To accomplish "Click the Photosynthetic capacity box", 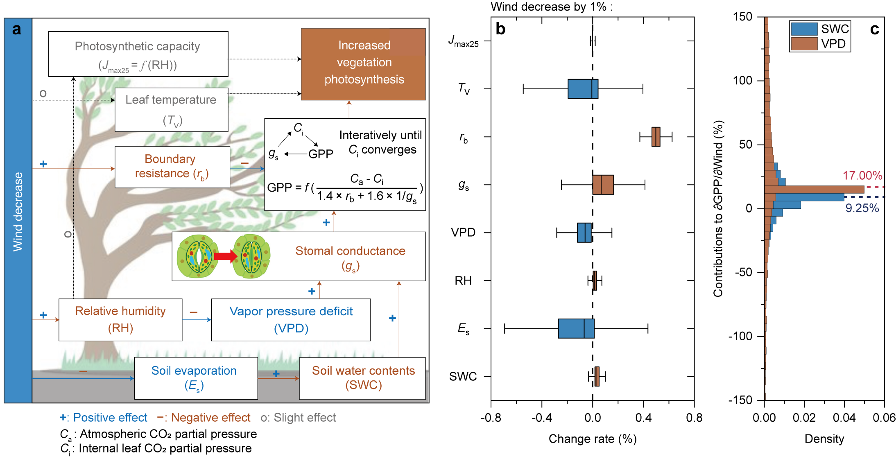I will tap(138, 54).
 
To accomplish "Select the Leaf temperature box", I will tap(171, 110).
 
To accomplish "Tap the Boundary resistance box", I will tap(172, 167).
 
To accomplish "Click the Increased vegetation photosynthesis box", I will tap(363, 64).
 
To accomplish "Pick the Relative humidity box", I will tap(120, 319).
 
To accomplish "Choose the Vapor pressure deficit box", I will tap(291, 319).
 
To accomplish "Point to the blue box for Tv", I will tap(583, 89).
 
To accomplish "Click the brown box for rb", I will tap(656, 137).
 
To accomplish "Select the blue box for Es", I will tap(576, 328).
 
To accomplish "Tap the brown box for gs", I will tap(603, 185).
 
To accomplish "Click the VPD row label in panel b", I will tap(463, 233).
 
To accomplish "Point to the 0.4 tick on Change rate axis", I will tap(643, 418).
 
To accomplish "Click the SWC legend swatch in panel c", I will tap(804, 29).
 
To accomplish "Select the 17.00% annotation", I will tap(862, 176).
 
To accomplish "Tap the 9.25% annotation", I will tap(862, 208).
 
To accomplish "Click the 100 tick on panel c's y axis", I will tap(742, 80).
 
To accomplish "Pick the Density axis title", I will tap(824, 439).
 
